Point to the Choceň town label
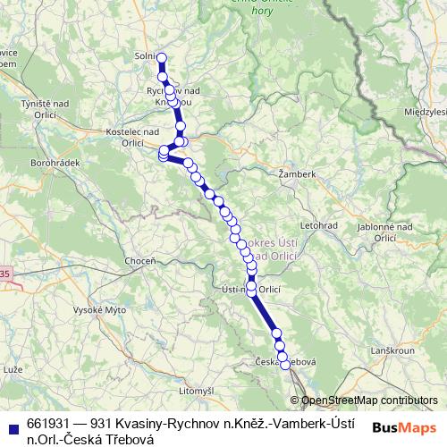click(139, 260)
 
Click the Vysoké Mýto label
click(99, 309)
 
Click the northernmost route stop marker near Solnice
click(162, 59)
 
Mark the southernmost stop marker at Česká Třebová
click(285, 364)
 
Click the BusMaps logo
click(405, 427)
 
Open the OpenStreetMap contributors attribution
click(369, 401)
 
